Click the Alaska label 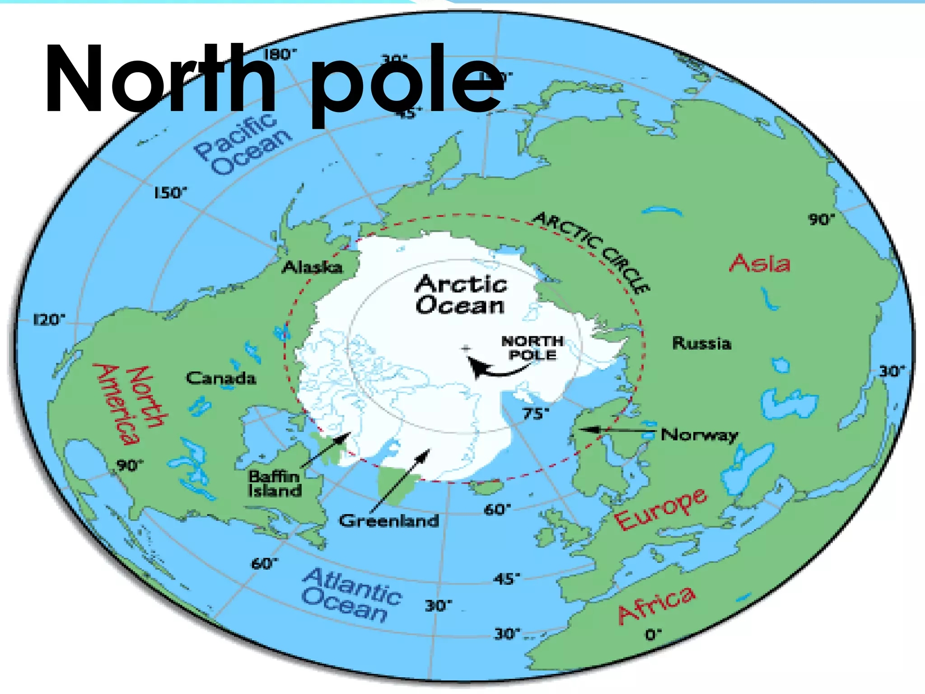(x=312, y=267)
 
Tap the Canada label (x=221, y=378)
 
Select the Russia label (x=701, y=343)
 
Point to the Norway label (x=699, y=435)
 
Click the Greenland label (x=389, y=521)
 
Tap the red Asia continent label (x=760, y=263)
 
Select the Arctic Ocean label (x=461, y=295)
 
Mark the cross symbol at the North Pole (x=466, y=348)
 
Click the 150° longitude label (x=170, y=193)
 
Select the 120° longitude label (x=49, y=320)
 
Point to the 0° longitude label (x=653, y=635)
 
